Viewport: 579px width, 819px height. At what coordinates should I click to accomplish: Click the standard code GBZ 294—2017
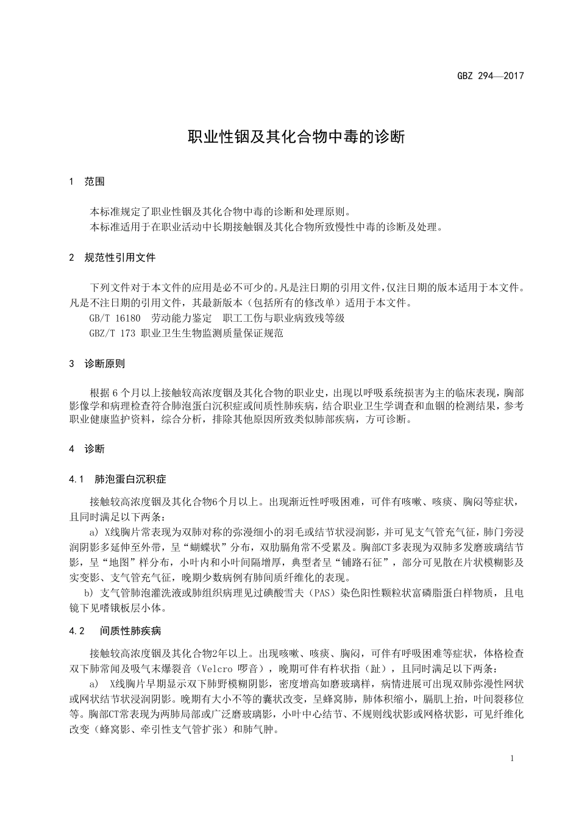point(490,76)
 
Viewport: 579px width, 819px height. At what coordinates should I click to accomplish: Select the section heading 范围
point(94,182)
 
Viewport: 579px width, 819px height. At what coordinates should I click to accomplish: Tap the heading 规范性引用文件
point(120,258)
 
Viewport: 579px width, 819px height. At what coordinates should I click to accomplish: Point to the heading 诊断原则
point(105,364)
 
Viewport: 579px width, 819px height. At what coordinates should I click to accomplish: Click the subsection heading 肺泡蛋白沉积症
point(130,480)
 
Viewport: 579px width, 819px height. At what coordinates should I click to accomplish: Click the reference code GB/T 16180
point(115,318)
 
